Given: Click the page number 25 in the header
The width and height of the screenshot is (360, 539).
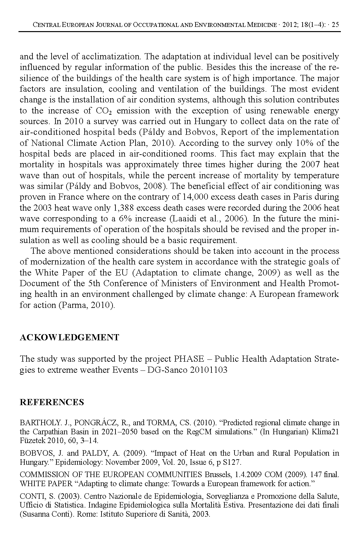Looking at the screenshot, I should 336,25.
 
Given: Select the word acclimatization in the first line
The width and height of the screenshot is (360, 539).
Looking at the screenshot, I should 111,56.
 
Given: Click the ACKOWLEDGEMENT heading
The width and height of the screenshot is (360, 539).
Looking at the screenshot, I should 69,337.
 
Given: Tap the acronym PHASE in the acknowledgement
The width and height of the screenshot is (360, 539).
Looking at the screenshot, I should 189,359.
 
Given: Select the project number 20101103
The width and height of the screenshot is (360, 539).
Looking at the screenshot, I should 209,370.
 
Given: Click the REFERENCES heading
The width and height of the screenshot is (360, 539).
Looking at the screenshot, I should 52,402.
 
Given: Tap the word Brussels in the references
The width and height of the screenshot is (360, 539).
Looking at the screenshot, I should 217,475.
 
